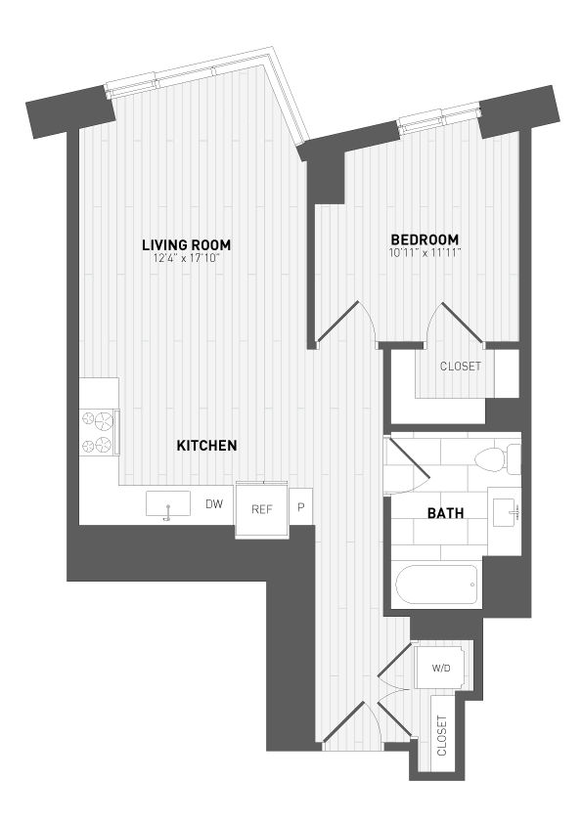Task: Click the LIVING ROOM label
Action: pos(191,243)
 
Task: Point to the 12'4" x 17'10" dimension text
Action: pos(191,257)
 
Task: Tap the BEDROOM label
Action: pos(425,239)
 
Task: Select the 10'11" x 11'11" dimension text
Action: pos(425,252)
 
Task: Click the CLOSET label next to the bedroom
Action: pos(461,367)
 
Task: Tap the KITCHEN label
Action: pos(206,446)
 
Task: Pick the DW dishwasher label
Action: pos(214,505)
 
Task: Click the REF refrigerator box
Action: pos(261,509)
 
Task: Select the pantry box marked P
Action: pos(301,507)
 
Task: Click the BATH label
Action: pos(444,513)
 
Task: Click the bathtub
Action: pos(437,585)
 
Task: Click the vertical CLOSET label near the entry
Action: pos(442,736)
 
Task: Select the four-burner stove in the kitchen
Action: pos(99,432)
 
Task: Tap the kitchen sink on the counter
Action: pos(168,505)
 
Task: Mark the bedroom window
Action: pos(440,122)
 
